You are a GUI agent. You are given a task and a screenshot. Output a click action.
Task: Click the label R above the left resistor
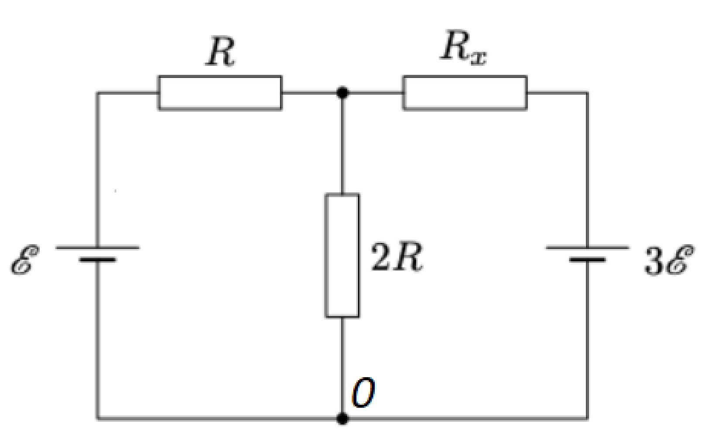point(220,52)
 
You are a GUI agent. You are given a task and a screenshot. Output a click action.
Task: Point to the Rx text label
point(463,48)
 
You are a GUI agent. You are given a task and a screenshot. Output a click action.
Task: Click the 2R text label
point(397,257)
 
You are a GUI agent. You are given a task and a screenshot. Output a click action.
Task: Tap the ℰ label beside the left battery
point(24,260)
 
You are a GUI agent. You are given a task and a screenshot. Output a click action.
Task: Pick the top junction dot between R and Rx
point(342,93)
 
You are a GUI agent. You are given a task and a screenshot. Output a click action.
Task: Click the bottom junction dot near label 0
point(342,419)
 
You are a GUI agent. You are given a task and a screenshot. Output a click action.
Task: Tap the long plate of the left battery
point(98,248)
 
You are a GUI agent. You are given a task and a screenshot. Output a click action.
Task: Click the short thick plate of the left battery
point(98,260)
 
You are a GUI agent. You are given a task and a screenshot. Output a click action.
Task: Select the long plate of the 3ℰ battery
point(587,248)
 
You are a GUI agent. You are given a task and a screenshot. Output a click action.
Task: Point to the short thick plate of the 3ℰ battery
point(587,260)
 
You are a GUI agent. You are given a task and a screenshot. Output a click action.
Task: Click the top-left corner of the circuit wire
point(98,93)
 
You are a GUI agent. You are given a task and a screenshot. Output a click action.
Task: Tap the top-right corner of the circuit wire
point(587,93)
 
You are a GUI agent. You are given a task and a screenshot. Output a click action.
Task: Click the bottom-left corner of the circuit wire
point(98,419)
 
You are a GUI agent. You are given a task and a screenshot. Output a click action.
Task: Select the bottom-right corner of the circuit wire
point(587,419)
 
